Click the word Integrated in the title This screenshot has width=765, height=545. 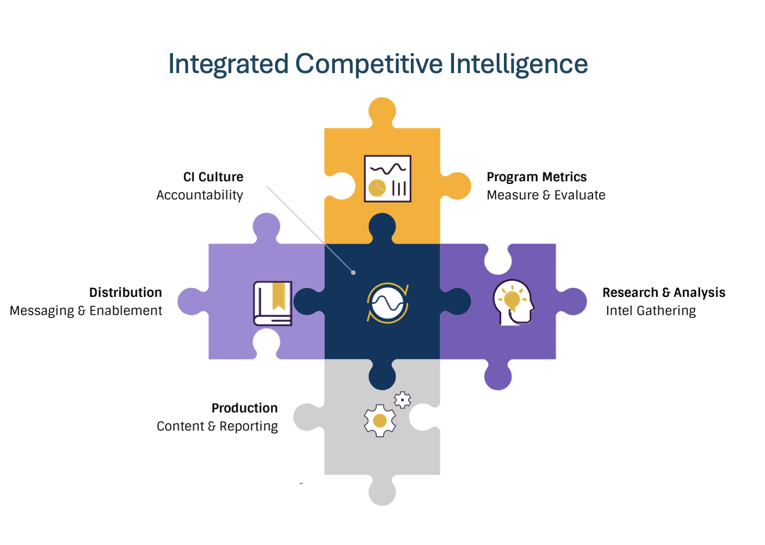228,64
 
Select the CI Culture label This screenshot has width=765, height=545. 213,177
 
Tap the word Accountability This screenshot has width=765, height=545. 200,195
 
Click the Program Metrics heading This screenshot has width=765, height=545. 536,177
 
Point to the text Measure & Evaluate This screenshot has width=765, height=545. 545,195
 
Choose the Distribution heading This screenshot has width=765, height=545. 125,292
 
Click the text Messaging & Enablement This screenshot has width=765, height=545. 86,311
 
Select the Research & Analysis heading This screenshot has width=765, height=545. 664,292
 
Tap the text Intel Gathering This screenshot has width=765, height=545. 650,311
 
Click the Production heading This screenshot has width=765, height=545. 244,408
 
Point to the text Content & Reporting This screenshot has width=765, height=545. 217,426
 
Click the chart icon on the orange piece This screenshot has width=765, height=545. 387,178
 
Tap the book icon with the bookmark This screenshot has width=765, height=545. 273,303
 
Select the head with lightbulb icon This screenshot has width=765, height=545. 513,302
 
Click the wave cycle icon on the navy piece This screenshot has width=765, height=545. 387,303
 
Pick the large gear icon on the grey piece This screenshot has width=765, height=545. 380,421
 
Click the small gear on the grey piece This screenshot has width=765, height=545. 402,399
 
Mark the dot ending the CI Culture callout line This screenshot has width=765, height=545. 353,272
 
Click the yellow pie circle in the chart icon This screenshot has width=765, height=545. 377,188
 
